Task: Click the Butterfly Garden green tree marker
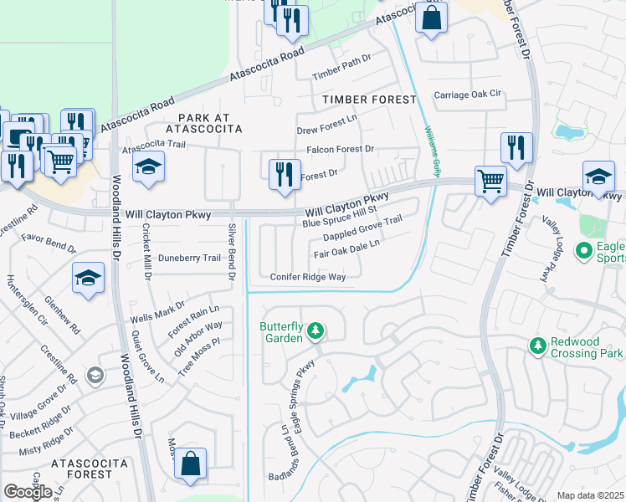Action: click(315, 332)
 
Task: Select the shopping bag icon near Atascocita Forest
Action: click(191, 465)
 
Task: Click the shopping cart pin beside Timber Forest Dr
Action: click(490, 180)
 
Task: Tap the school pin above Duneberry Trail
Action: click(88, 279)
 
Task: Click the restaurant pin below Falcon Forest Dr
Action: click(285, 174)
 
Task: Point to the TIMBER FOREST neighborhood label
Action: click(369, 100)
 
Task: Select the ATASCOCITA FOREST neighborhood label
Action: click(89, 469)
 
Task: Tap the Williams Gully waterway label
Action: click(432, 151)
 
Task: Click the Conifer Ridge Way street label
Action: click(308, 277)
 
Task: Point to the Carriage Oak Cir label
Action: click(466, 95)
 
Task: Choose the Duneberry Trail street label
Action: click(189, 259)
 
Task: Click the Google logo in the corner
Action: click(28, 491)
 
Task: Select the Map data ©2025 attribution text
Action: click(590, 495)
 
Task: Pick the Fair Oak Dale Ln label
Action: click(347, 248)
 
